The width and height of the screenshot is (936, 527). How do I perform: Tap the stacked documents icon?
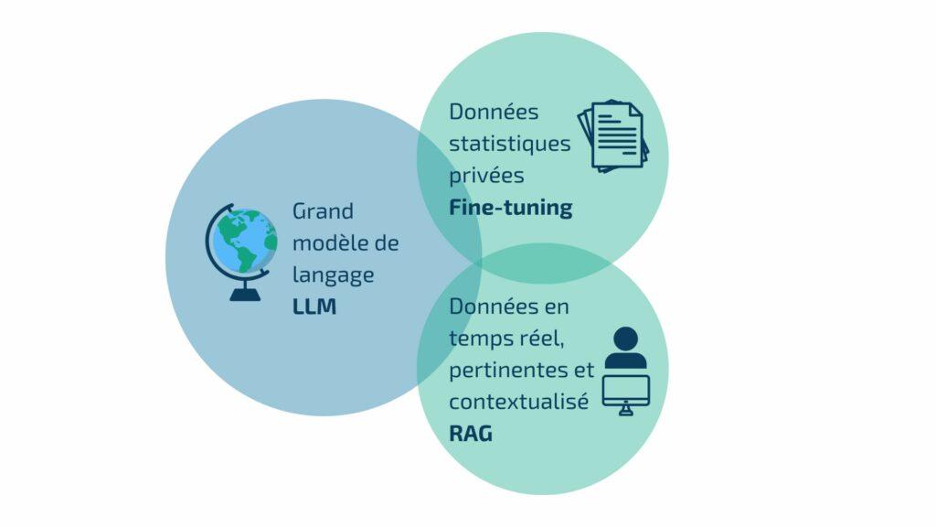tap(612, 136)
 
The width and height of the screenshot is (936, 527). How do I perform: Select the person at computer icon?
tap(626, 371)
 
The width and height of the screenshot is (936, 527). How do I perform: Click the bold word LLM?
tap(314, 307)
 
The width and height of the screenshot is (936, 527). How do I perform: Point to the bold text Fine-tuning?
tap(510, 208)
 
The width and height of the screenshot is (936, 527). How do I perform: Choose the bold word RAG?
tap(471, 433)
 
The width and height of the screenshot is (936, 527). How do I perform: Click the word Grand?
tap(323, 210)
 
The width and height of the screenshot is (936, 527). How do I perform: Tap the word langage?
tap(333, 274)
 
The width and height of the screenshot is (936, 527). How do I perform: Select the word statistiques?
tap(509, 144)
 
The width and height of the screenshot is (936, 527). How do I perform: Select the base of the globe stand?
tap(244, 295)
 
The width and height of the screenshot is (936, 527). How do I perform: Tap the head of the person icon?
tap(626, 339)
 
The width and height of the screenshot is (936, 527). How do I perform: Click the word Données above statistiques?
tap(494, 112)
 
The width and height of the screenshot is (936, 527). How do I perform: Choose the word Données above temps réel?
tap(494, 306)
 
